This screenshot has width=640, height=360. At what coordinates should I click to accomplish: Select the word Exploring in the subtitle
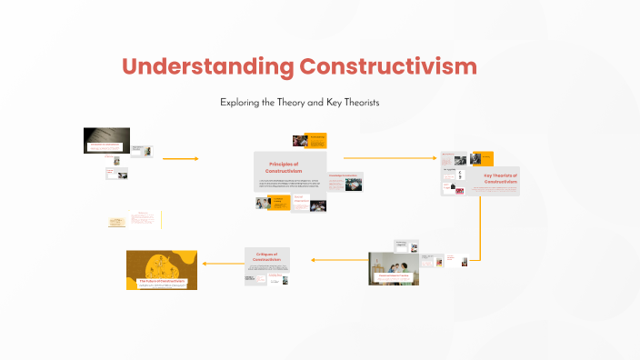[x=240, y=103]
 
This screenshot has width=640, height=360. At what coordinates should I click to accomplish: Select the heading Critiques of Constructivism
[x=267, y=257]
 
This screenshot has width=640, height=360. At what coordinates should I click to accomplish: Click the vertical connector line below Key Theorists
[x=479, y=223]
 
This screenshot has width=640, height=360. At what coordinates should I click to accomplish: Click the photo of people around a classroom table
[x=393, y=268]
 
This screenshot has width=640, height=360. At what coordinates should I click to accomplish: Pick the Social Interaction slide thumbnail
[x=303, y=203]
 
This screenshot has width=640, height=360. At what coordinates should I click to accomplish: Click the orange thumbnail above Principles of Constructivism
[x=310, y=141]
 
